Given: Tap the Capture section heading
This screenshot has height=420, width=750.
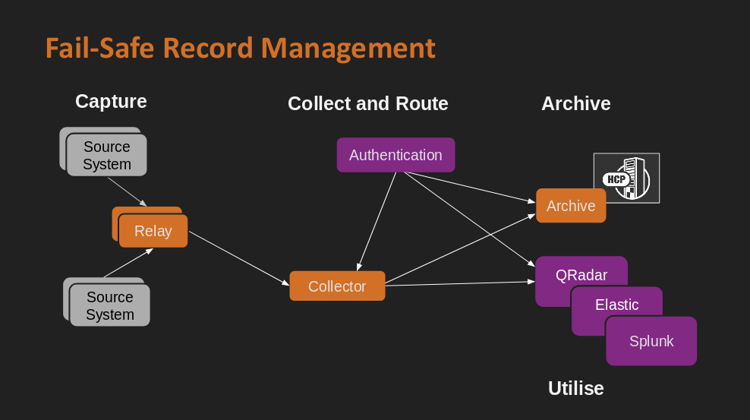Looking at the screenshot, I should [x=111, y=101].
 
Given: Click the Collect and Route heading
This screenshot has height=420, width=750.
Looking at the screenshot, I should [x=367, y=103].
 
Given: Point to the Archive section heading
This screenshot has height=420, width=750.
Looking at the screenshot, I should [x=575, y=103].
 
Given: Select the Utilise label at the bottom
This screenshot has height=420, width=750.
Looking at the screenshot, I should [x=575, y=388].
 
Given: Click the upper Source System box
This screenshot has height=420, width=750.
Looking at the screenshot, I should [x=106, y=155].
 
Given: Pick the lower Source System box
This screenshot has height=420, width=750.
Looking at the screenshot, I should [x=109, y=305].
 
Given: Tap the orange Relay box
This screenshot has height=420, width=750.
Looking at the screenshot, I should [x=153, y=231].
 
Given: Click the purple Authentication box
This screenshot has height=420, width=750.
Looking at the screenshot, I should [x=395, y=155].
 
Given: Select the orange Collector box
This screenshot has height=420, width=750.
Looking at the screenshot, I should [x=337, y=286].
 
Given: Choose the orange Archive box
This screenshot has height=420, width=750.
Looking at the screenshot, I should [x=571, y=206].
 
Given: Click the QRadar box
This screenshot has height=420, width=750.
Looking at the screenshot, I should [x=581, y=274].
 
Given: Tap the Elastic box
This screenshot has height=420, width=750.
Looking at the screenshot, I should [x=616, y=304].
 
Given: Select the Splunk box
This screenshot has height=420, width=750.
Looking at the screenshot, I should [x=651, y=341].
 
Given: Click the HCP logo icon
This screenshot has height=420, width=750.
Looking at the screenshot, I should [x=626, y=178].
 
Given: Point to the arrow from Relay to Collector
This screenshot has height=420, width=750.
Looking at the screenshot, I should [x=239, y=259].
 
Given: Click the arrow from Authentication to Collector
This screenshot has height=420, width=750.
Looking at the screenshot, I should [x=377, y=221].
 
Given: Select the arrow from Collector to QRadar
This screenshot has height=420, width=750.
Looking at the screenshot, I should [x=460, y=283].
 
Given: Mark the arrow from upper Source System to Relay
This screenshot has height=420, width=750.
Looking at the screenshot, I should [x=128, y=191].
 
